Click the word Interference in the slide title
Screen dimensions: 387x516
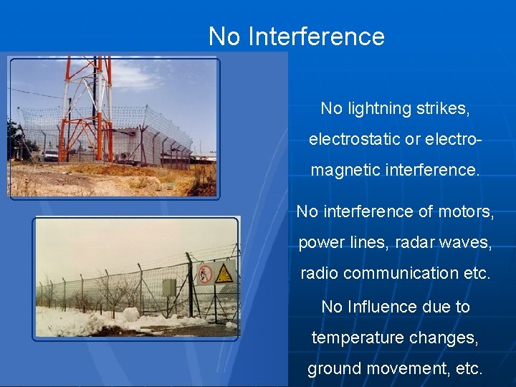coord(316,37)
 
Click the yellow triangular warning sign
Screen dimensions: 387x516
coord(224,273)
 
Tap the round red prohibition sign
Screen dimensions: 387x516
coord(206,273)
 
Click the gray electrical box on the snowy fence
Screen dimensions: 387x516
coord(169,287)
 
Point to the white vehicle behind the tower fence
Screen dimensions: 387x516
coord(49,154)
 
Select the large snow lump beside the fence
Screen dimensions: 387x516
coord(130,315)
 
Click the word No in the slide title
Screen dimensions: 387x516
coord(224,37)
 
